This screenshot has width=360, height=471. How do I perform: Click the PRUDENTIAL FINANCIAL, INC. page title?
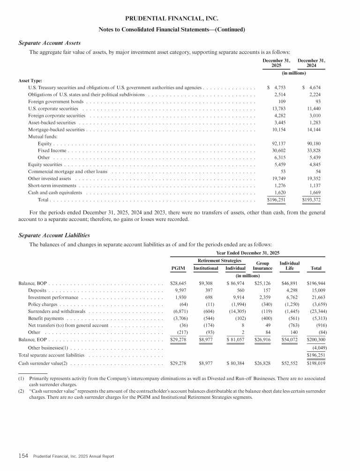pyautogui.click(x=180, y=19)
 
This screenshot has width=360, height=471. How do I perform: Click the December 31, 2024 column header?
pyautogui.click(x=311, y=63)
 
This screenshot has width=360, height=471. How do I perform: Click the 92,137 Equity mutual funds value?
pyautogui.click(x=279, y=144)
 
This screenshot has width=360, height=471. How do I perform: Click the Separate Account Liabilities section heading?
pyautogui.click(x=54, y=235)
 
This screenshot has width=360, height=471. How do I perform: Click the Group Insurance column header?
pyautogui.click(x=262, y=266)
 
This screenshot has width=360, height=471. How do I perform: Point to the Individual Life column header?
pyautogui.click(x=289, y=266)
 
